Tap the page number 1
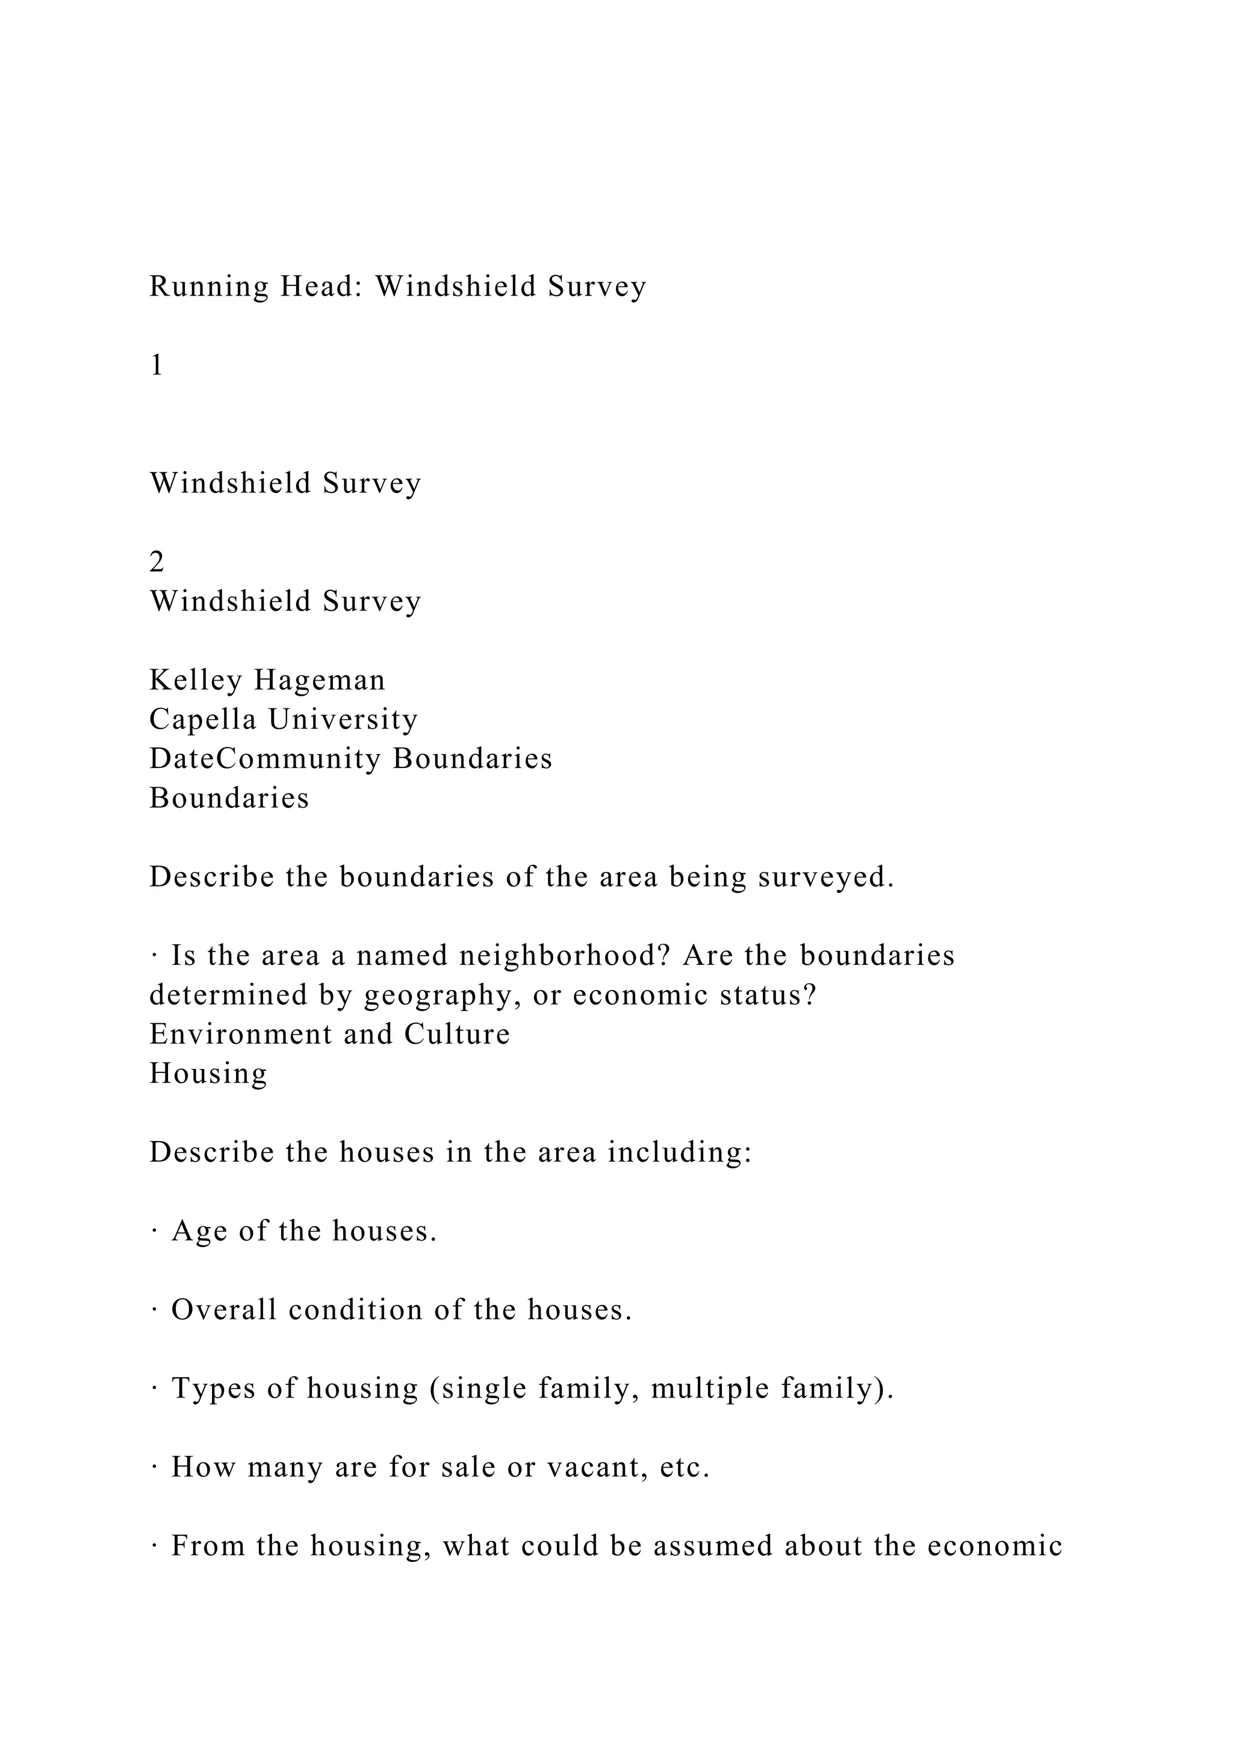[157, 366]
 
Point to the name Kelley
[195, 681]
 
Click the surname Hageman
[320, 681]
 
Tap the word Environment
[241, 1035]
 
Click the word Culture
[457, 1035]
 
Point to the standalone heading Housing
[208, 1074]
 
